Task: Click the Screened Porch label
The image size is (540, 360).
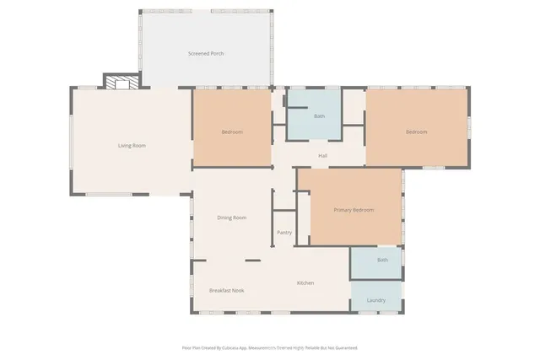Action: tap(205, 53)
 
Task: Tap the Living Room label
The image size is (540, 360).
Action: tap(132, 146)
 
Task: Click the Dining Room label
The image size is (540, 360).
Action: tap(231, 218)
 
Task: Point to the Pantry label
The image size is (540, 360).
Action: tap(284, 233)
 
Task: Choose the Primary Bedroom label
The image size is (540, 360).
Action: tap(353, 210)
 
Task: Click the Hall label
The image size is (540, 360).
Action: tap(322, 156)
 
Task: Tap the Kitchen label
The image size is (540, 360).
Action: tap(305, 282)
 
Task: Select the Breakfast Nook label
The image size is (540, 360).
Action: tap(226, 290)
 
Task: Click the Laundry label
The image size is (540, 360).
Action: tap(376, 299)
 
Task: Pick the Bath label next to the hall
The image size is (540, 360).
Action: tap(320, 116)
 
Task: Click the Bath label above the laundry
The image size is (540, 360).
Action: tap(382, 260)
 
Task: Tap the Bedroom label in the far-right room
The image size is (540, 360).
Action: tap(416, 132)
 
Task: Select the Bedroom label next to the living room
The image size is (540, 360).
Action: tap(232, 132)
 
